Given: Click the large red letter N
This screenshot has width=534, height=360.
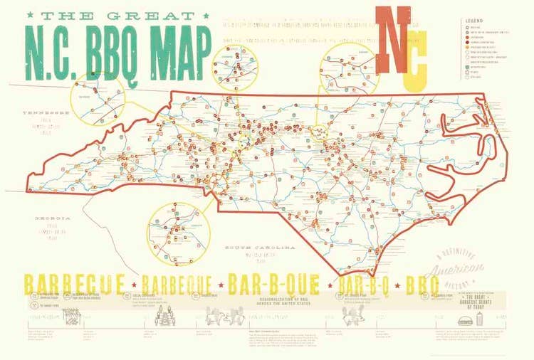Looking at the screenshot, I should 392,41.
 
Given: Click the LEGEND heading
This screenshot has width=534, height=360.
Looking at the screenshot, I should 474,22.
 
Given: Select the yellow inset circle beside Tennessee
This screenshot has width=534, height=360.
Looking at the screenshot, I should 98,100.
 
